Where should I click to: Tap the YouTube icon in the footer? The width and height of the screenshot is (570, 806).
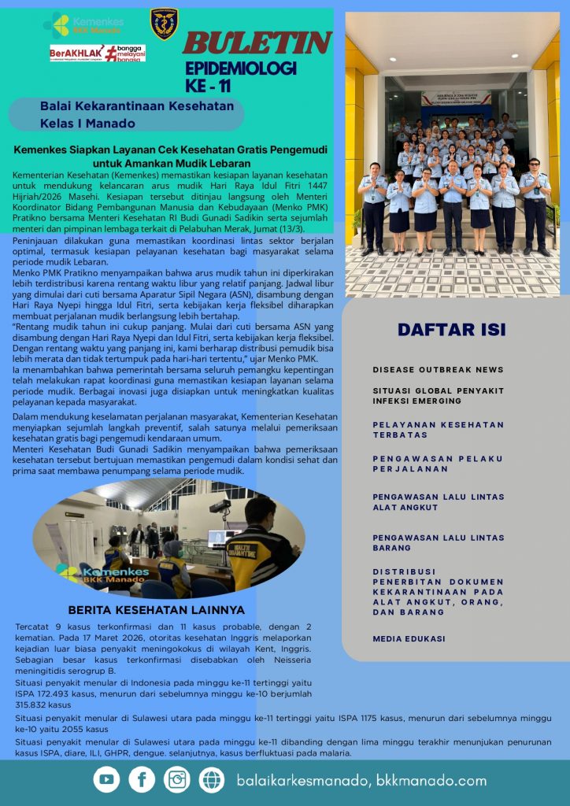coord(106,779)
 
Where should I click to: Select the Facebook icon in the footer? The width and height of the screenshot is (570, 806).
coord(142,779)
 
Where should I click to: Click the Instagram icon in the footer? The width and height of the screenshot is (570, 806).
coord(177,779)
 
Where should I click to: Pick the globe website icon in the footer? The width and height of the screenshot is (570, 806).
coord(212,779)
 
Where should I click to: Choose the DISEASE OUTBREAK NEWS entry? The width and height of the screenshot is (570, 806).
coord(438,369)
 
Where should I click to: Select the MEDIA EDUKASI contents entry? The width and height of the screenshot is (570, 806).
coord(409,638)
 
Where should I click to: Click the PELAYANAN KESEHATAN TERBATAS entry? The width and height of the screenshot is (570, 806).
coord(438,429)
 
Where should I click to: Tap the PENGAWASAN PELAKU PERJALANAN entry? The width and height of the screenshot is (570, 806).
coord(438,464)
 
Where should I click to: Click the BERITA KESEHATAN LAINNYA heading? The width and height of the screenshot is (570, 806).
coord(156,609)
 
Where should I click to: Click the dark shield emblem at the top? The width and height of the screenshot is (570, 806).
coord(164,24)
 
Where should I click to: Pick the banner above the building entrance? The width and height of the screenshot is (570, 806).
coord(455,98)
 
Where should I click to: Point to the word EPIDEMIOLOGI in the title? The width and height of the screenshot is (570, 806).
coord(241,68)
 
